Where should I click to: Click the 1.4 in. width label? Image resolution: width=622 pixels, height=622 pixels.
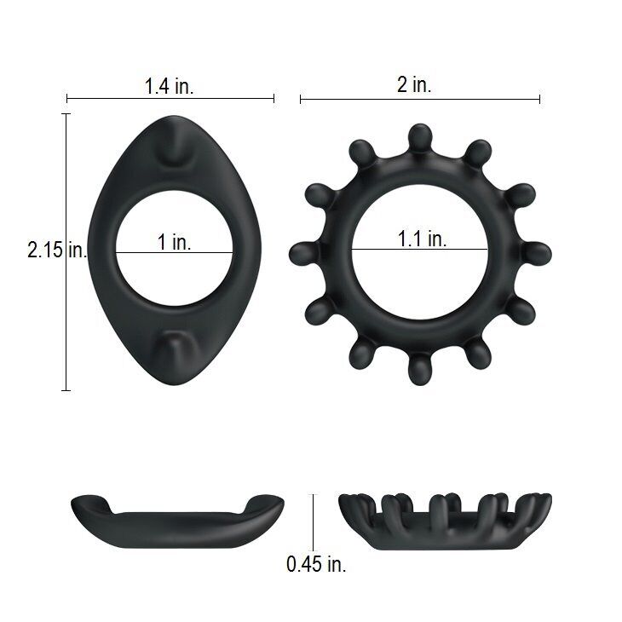tap(170, 85)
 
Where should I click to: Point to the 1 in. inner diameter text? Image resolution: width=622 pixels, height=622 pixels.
tap(175, 242)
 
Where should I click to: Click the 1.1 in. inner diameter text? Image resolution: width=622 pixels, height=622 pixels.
tap(422, 239)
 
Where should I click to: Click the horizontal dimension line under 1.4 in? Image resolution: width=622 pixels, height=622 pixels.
tap(170, 100)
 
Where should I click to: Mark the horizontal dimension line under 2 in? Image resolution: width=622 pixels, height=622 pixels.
tap(419, 100)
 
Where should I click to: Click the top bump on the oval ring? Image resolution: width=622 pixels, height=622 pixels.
tap(175, 151)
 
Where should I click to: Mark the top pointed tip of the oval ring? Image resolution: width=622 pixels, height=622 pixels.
tap(175, 118)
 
